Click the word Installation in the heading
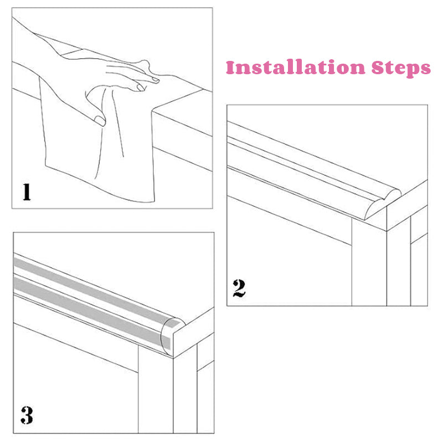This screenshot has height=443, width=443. pos(296,67)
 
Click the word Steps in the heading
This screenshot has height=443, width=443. pos(401,68)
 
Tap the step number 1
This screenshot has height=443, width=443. pos(27,192)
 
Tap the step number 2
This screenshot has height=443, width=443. pos(239,288)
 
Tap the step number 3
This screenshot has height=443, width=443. pos(27,415)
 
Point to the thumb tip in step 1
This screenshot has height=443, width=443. pos(100,121)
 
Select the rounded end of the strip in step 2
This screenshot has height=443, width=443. pos(383,203)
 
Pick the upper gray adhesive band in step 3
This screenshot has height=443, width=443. pos(96,292)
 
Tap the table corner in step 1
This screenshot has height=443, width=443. pos(152,112)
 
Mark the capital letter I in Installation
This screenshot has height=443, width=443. pos(230,67)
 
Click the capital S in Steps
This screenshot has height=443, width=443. pos(378,68)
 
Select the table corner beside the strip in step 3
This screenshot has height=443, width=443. pos(173,358)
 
